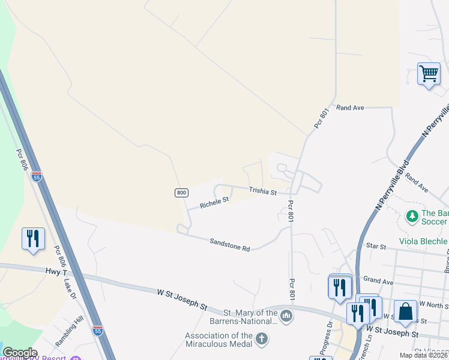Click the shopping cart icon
(x=429, y=74)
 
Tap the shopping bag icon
(x=405, y=312)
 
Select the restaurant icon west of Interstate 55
(x=32, y=238)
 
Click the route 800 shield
(x=182, y=193)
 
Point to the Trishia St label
(x=263, y=192)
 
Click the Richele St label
(x=214, y=203)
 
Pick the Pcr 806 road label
(x=22, y=160)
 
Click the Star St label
(x=375, y=246)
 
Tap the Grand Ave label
(x=378, y=280)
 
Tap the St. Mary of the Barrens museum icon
(x=286, y=316)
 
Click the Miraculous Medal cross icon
(x=261, y=340)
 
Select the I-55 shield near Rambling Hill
(x=98, y=330)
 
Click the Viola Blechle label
(x=424, y=242)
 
